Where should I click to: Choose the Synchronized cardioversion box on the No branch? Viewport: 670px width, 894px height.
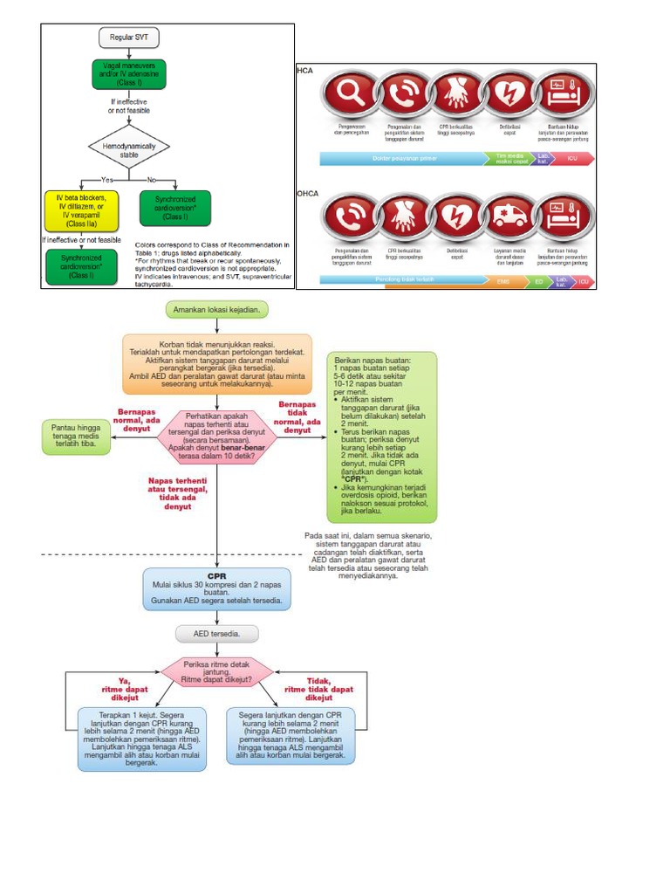click(174, 209)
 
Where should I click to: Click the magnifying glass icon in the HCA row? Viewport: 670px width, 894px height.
click(347, 95)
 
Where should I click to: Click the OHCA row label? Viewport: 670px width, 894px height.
click(307, 193)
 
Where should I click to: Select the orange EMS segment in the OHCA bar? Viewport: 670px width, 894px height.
click(502, 281)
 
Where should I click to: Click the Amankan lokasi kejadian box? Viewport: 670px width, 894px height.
click(216, 310)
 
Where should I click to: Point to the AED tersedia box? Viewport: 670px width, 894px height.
click(216, 634)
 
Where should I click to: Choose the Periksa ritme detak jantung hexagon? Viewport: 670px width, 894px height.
click(216, 672)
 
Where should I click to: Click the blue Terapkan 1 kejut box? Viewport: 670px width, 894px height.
click(142, 738)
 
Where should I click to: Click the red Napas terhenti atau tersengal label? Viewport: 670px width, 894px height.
click(178, 493)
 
